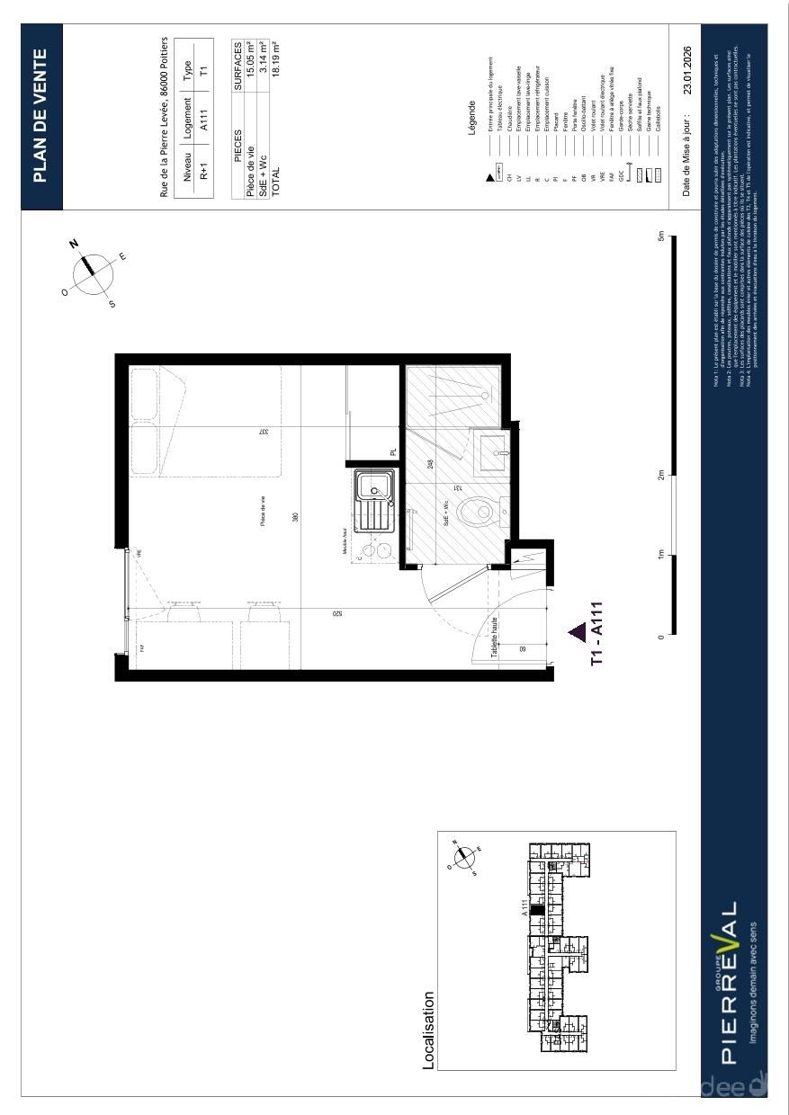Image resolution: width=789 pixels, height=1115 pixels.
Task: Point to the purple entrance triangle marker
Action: tap(577, 633)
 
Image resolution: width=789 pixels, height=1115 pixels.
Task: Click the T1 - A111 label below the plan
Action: tap(596, 634)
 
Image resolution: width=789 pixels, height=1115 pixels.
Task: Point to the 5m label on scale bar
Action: tap(661, 238)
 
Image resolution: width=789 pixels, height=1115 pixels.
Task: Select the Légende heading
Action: tap(471, 117)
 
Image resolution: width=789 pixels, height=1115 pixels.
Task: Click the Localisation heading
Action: tap(428, 1030)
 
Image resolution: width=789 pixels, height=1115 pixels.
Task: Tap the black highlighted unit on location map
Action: tap(536, 910)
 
